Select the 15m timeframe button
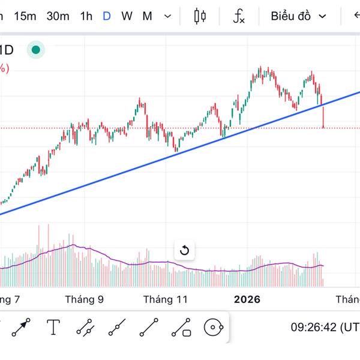25,16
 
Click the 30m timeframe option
58,16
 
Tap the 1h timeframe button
86,16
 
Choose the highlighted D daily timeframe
107,16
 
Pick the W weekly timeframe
127,16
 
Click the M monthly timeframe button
147,16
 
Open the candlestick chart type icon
200,16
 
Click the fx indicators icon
239,17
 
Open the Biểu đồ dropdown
298,16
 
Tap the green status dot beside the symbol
37,50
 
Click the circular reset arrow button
184,250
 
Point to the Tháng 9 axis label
85,299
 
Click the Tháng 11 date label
165,299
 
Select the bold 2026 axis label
247,299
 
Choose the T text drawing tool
54,328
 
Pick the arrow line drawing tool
22,328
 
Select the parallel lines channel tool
85,328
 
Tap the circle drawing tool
214,328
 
